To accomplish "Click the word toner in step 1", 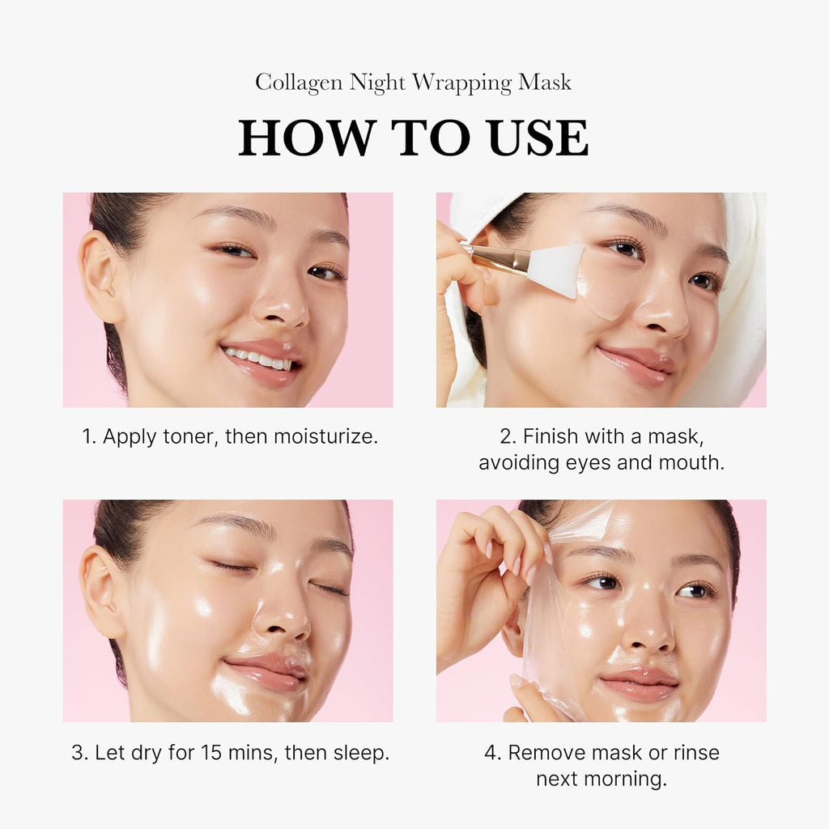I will click(x=187, y=437).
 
